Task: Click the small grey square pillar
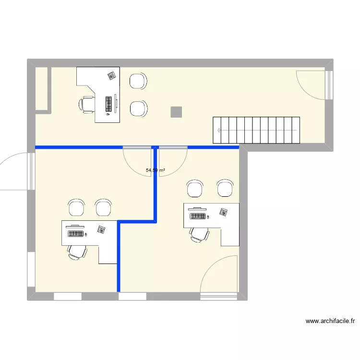pyautogui.click(x=176, y=112)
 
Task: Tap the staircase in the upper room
pyautogui.click(x=257, y=130)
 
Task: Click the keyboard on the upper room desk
pyautogui.click(x=109, y=104)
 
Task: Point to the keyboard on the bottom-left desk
pyautogui.click(x=76, y=234)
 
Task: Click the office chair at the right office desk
pyautogui.click(x=199, y=234)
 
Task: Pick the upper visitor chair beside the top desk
pyautogui.click(x=138, y=81)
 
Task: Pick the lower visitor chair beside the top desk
pyautogui.click(x=138, y=108)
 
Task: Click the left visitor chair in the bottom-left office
pyautogui.click(x=76, y=207)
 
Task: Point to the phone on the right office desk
pyautogui.click(x=224, y=212)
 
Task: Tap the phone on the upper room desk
pyautogui.click(x=111, y=75)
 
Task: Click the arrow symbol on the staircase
pyautogui.click(x=219, y=130)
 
